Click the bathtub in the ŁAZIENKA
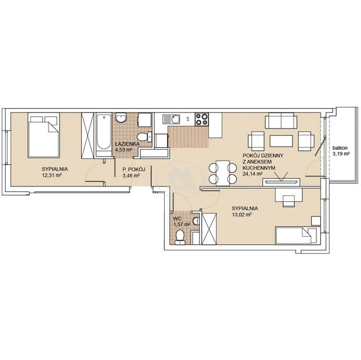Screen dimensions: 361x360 click(103, 135)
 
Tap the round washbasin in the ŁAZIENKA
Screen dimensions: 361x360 click(121, 118)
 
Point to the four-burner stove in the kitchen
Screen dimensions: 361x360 click(202, 120)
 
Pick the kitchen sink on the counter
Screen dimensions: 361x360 click(171, 120)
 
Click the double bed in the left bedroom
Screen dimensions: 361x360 click(44, 135)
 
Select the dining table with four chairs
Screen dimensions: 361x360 click(223, 173)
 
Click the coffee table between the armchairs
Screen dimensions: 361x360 click(281, 141)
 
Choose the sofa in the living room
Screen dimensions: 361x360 click(281, 120)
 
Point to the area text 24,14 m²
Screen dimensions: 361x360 click(253, 174)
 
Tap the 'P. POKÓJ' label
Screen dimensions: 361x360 click(134, 170)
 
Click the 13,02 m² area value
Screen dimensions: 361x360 click(242, 215)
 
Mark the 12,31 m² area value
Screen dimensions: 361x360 click(52, 175)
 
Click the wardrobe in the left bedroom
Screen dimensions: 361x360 click(87, 135)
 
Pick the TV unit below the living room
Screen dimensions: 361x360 click(281, 182)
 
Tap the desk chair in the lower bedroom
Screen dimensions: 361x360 click(289, 201)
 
